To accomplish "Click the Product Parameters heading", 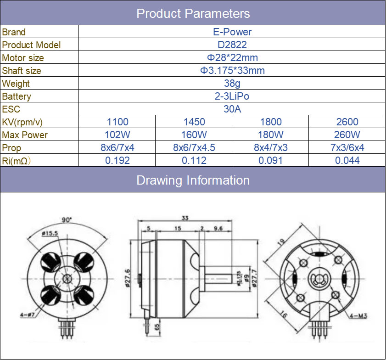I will pos(193,13).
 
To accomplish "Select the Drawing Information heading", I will pos(193,180).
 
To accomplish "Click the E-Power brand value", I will pos(232,32).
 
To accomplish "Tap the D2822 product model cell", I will pos(232,45).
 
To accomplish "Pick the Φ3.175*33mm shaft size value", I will pos(232,71).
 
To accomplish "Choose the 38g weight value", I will pos(232,84).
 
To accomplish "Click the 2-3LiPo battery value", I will pos(232,96).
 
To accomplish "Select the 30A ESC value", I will pos(232,109).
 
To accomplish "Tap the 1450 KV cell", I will pos(194,122).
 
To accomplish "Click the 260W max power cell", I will pos(347,135).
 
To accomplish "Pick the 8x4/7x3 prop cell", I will pos(270,148).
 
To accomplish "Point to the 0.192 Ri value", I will pos(117,161).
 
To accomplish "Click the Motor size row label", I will pos(23,58).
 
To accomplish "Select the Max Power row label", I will pos(25,135).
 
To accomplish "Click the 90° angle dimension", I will pos(67,220).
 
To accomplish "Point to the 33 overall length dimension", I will pos(185,219).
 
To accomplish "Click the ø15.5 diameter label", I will pos(49,233).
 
